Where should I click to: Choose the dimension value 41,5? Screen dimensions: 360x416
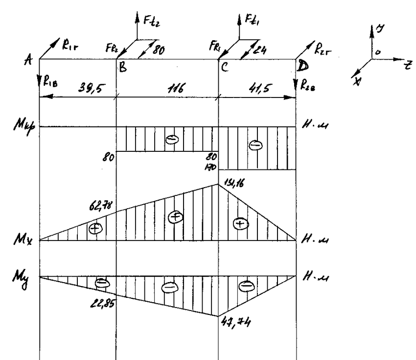tap(255, 89)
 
